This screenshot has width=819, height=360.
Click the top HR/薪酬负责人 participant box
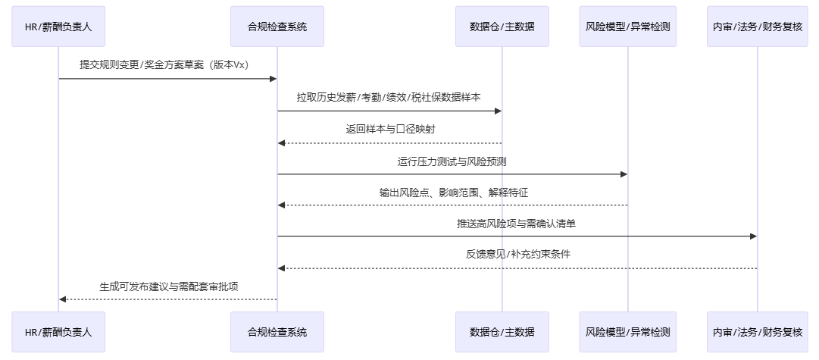coord(59,27)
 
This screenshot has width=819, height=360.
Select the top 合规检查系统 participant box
coord(277,27)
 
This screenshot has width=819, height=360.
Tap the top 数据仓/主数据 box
coord(502,27)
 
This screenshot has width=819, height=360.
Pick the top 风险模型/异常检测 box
coord(627,27)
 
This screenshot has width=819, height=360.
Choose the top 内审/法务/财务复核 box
coord(757,27)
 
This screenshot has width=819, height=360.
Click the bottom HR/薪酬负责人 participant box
coord(59,332)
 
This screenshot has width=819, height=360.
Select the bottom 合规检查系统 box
coord(277,332)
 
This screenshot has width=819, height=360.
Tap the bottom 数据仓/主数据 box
coord(502,332)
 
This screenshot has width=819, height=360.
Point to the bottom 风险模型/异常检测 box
coord(627,332)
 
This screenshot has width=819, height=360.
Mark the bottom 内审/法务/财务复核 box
coord(757,332)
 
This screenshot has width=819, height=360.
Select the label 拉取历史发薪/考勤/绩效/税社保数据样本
coord(389,98)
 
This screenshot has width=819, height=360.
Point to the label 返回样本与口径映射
coord(390,130)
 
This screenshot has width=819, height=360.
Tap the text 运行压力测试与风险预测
coord(452,161)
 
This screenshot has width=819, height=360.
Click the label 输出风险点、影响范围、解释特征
coord(453,193)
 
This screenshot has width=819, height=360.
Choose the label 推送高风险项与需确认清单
coord(516,224)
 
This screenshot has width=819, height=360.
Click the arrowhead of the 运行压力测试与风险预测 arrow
coord(624,174)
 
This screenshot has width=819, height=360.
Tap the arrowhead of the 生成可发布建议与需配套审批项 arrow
coord(63,299)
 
